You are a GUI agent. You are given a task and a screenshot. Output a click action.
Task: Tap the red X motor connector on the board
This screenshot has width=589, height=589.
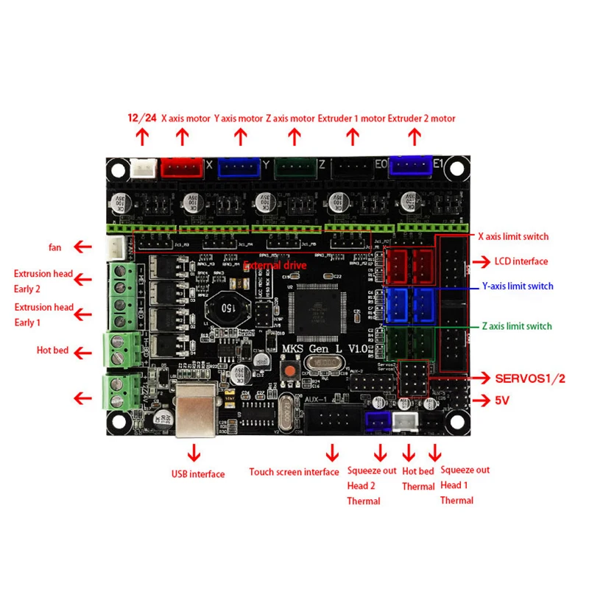coord(181,168)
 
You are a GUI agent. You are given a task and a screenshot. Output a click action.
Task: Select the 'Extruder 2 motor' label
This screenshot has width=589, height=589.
coord(422,118)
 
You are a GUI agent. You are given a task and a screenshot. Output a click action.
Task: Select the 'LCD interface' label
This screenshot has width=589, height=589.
coord(521,261)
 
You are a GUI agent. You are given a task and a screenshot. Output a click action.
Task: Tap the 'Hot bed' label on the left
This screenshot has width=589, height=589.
coord(52,350)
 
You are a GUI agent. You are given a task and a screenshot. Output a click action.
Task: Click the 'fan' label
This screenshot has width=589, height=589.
coord(55,247)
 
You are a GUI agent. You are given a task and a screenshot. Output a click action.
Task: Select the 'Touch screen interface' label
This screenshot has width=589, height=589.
coord(294,472)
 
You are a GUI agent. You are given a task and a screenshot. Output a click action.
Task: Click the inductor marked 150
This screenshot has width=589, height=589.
coord(222,308)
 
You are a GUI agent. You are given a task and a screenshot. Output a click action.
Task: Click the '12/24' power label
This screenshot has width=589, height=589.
coord(142,118)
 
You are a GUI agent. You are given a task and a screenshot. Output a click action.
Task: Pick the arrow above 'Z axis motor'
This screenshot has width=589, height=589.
coord(294,136)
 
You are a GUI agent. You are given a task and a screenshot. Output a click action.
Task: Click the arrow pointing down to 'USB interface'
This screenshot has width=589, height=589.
coord(194,451)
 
